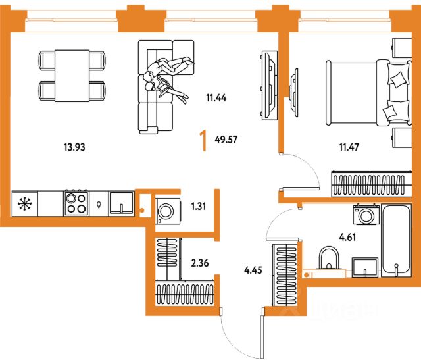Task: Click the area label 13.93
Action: (x=76, y=147)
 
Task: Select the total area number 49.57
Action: (x=227, y=139)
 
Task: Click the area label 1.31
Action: (x=197, y=206)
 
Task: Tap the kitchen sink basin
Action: (x=122, y=203)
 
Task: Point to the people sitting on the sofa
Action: (x=167, y=78)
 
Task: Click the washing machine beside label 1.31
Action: (x=167, y=212)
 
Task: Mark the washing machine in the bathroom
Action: (x=366, y=215)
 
